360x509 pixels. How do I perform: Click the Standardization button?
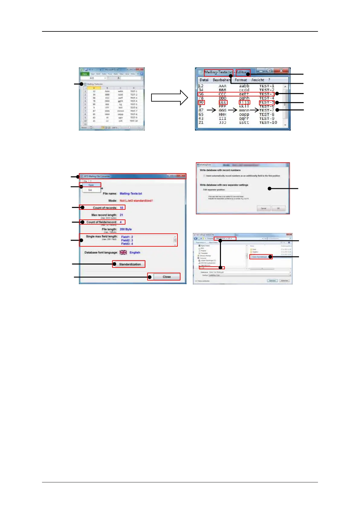[130, 264]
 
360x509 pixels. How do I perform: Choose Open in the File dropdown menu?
[91, 185]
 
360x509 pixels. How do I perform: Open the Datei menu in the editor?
[204, 80]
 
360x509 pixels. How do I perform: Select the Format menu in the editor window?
[241, 80]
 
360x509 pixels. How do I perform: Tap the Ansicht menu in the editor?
[258, 80]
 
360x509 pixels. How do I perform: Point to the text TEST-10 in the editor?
[268, 122]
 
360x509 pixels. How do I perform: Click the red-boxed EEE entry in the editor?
[223, 102]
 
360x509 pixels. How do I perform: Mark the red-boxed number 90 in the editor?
[201, 102]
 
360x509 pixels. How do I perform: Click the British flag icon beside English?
[123, 252]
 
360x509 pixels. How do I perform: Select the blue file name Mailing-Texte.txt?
[131, 193]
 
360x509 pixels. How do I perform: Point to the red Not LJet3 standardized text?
[136, 201]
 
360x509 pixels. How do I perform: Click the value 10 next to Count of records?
[122, 208]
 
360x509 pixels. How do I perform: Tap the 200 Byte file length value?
[125, 229]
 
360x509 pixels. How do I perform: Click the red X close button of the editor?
[281, 71]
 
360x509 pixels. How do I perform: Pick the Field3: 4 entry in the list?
[127, 244]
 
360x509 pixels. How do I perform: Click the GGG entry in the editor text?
[222, 110]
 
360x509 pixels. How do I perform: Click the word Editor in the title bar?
[241, 72]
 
